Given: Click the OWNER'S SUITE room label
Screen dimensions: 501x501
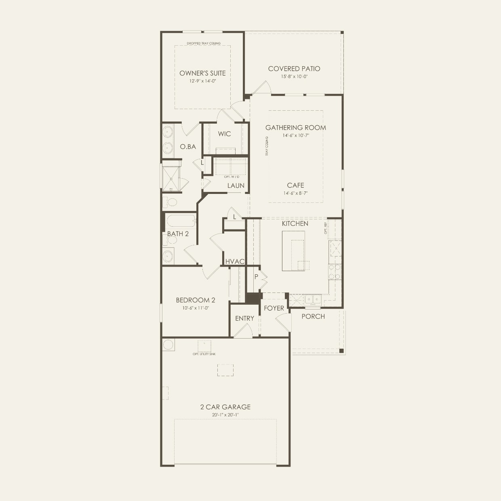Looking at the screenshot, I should click(x=202, y=73).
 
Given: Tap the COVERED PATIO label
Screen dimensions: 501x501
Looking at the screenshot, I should click(x=294, y=69).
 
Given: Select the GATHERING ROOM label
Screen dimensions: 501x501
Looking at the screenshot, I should click(x=295, y=128).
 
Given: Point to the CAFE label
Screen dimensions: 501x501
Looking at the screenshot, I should click(x=295, y=185).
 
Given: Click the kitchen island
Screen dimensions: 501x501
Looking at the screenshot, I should click(x=293, y=250).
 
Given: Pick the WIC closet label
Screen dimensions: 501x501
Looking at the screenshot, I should click(x=224, y=134).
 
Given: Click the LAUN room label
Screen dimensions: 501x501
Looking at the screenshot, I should click(x=236, y=185).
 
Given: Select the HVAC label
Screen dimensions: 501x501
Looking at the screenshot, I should click(x=235, y=261).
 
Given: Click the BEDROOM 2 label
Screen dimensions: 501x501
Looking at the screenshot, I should click(x=195, y=300).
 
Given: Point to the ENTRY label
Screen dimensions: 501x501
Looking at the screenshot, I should click(x=244, y=318).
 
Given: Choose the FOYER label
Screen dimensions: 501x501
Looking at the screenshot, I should click(x=274, y=308).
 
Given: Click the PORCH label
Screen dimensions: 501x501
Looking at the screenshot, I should click(x=313, y=316).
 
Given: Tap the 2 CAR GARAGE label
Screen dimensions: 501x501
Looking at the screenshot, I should click(x=225, y=407).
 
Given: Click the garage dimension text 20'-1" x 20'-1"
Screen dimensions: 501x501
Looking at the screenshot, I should click(x=225, y=415).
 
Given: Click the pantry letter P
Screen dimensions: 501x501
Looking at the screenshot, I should click(x=256, y=277).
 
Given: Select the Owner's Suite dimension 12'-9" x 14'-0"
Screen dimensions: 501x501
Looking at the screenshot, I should click(x=202, y=81).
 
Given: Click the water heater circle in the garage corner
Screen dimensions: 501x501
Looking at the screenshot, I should click(x=168, y=345).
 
